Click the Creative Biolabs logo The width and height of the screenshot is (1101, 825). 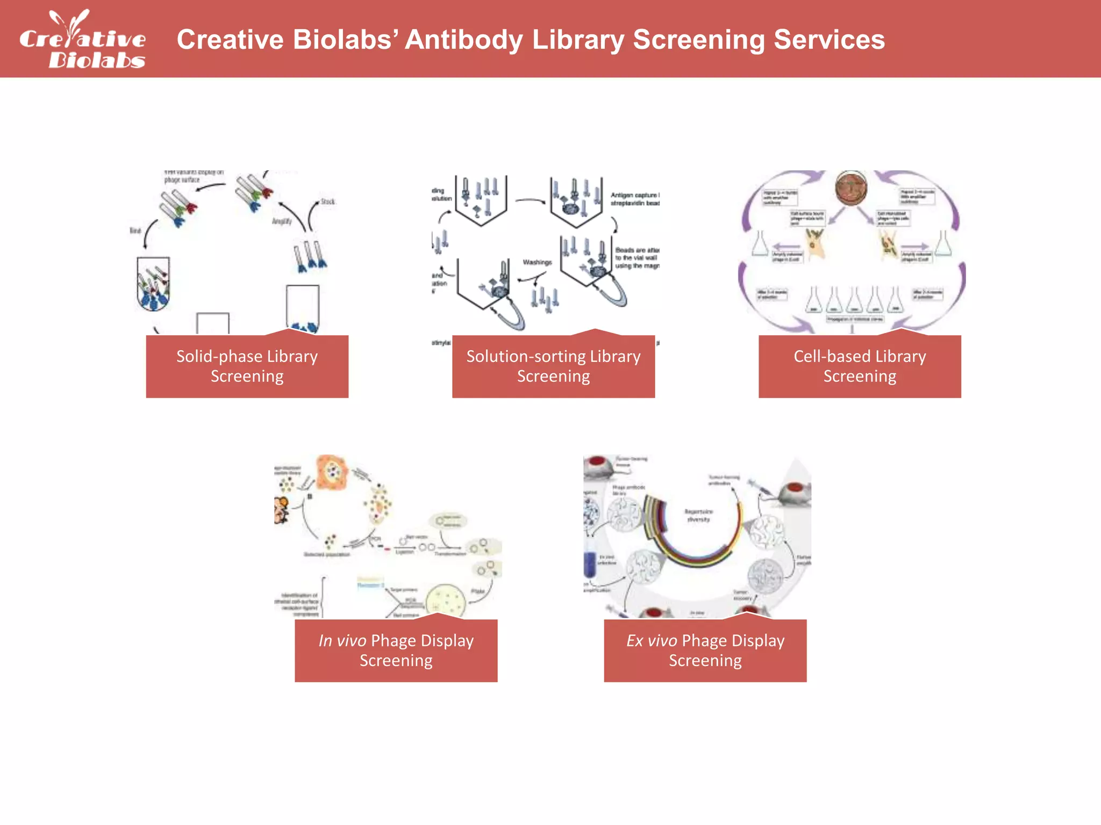point(82,40)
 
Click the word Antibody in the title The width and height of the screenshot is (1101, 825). point(463,40)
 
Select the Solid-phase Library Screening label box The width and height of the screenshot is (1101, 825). point(247,366)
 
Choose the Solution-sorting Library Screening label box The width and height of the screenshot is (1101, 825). point(553,366)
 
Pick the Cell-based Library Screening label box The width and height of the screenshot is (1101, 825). point(859,366)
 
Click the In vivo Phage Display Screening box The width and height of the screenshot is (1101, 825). point(396,650)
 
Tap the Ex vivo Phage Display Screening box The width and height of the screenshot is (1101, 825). point(705,650)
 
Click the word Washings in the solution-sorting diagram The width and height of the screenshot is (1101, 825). point(537,262)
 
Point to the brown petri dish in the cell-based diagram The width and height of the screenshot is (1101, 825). point(851,189)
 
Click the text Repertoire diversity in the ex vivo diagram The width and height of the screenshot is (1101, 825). point(698,515)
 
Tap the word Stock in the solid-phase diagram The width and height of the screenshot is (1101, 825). point(327,201)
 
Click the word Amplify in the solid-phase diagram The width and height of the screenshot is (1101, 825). point(282,221)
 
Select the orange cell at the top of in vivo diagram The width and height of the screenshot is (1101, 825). point(333,472)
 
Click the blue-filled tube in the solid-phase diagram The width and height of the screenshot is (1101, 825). point(154,285)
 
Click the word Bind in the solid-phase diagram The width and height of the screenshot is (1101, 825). point(135,230)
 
